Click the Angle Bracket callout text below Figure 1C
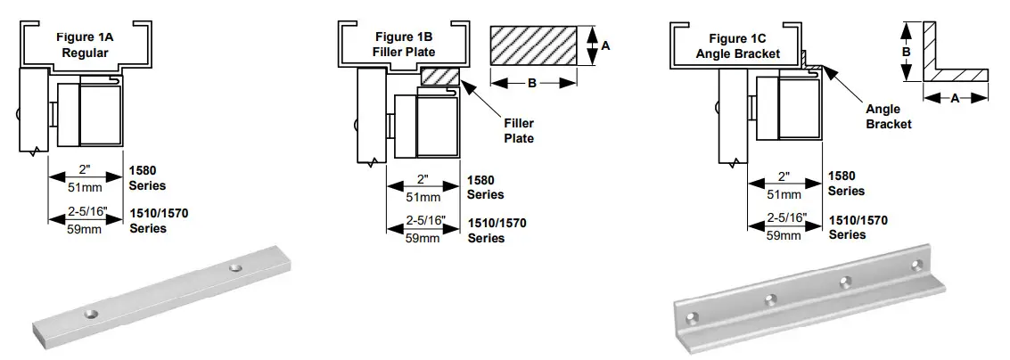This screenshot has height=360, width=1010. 889,118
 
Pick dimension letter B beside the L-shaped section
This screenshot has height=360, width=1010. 905,53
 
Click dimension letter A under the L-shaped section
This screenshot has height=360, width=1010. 954,99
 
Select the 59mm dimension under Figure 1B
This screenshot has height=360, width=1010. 423,238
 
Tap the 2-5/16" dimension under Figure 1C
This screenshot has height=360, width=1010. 788,217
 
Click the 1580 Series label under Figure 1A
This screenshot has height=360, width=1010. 147,178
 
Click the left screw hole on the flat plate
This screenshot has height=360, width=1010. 91,313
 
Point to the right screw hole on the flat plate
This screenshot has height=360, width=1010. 235,267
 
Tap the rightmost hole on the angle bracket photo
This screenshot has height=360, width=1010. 917,265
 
